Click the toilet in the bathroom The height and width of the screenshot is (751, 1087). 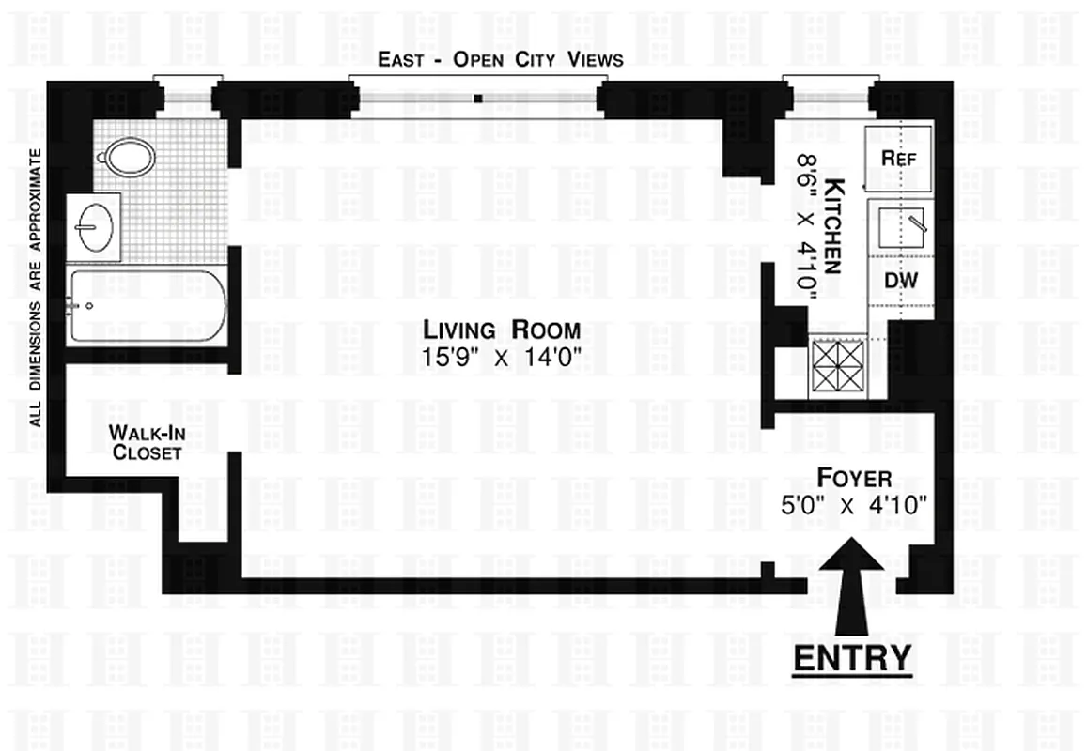point(129,157)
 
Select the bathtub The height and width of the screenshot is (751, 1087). point(148,306)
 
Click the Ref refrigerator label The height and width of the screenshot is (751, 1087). point(898,159)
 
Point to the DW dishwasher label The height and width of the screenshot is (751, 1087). point(901,280)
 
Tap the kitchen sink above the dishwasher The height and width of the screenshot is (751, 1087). point(900,226)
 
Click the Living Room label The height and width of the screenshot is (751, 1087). point(501,330)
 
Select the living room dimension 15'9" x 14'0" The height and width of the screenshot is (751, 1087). point(503,356)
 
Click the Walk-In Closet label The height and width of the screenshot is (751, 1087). point(145,442)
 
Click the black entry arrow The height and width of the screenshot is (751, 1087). point(852,582)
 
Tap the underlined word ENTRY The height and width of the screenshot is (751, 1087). point(852,657)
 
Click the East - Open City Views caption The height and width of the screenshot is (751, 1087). point(500,59)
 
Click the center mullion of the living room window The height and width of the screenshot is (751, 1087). point(478,97)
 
